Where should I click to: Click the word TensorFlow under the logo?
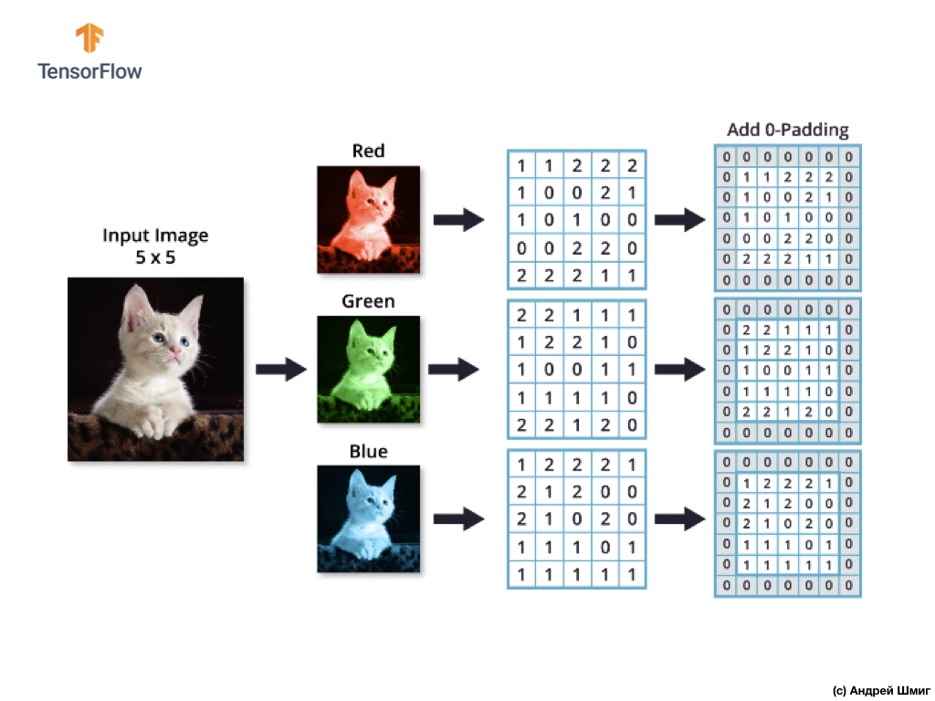click(x=89, y=70)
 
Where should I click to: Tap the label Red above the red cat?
click(x=368, y=151)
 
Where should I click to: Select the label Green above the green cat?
click(x=368, y=301)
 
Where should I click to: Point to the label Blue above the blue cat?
click(x=368, y=452)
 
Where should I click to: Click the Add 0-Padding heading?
click(x=787, y=130)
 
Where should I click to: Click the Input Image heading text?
click(x=155, y=235)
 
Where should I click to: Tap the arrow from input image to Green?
click(x=280, y=369)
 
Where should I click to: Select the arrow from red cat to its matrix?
click(x=457, y=219)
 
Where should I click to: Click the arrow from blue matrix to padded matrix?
click(x=680, y=519)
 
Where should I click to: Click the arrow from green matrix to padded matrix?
click(x=680, y=369)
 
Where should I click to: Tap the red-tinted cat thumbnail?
click(x=368, y=219)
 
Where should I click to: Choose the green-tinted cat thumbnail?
click(x=368, y=369)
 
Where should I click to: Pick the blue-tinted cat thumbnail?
click(x=368, y=518)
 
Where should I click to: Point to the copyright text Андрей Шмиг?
click(x=881, y=690)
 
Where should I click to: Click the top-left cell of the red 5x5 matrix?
click(x=521, y=166)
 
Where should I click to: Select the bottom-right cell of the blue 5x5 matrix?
click(x=631, y=575)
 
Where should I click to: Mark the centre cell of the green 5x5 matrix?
click(x=576, y=371)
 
